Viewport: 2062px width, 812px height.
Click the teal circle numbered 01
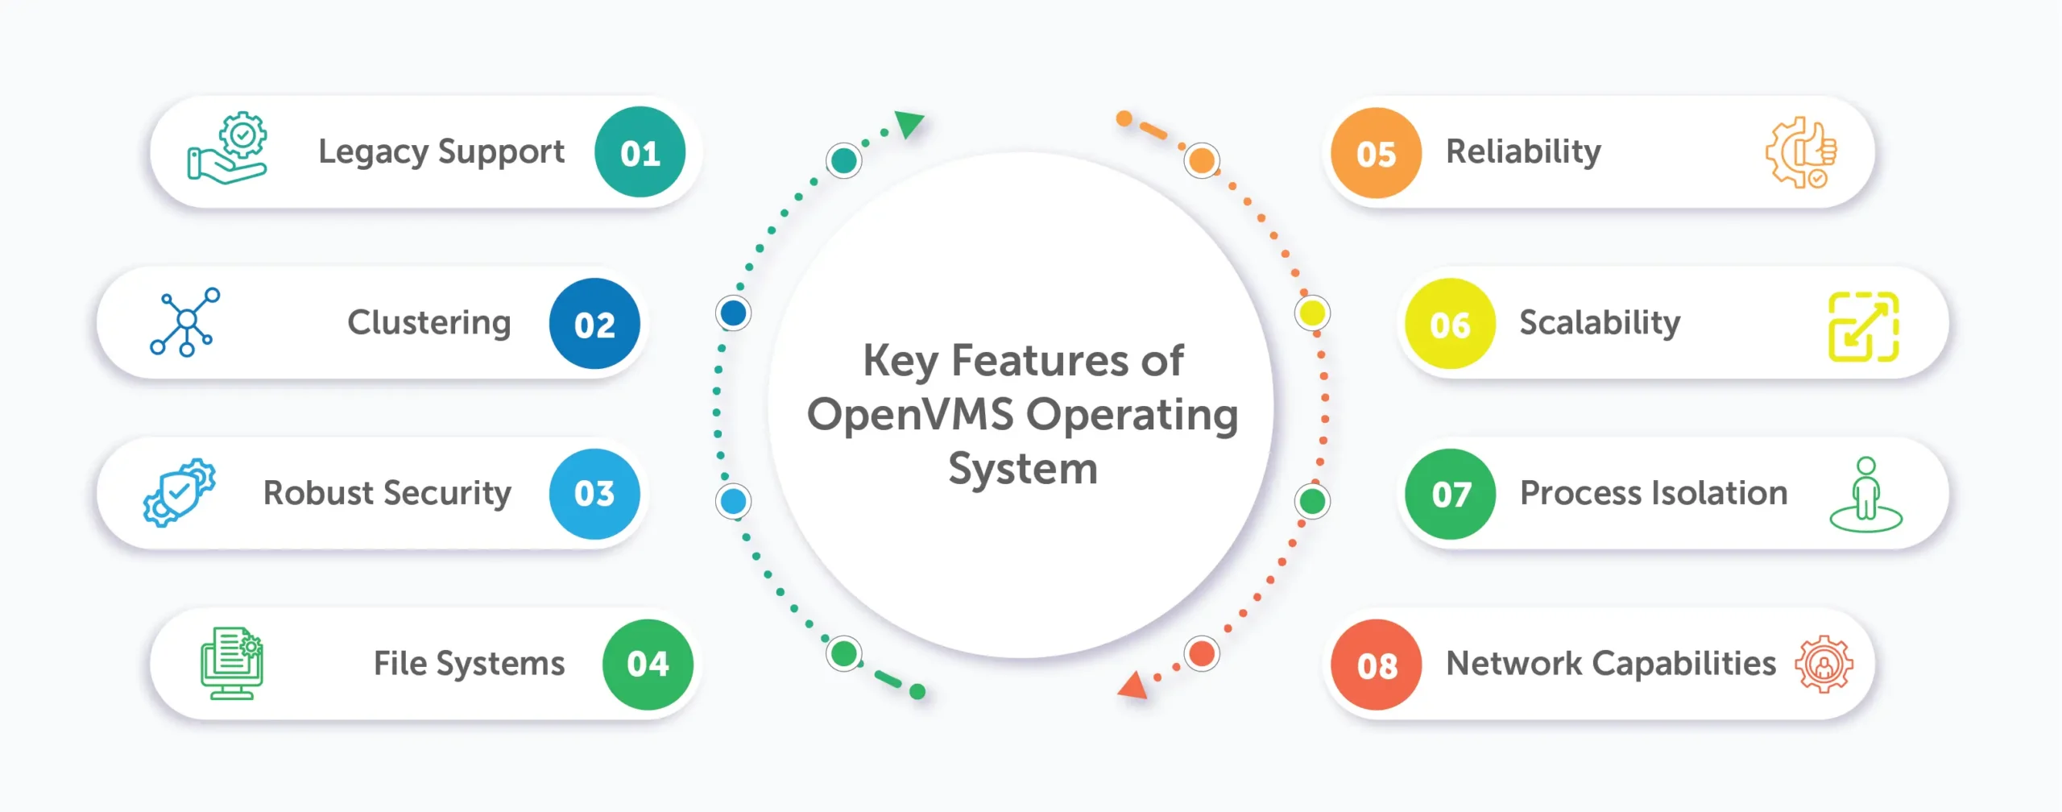(x=640, y=152)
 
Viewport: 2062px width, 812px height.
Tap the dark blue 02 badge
(x=594, y=324)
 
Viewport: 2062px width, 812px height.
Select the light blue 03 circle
(x=594, y=494)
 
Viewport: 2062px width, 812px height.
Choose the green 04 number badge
(x=648, y=665)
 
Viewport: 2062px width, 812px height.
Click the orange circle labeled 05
(x=1376, y=153)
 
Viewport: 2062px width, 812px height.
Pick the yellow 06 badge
(x=1450, y=324)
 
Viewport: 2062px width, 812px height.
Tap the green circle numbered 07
(x=1450, y=494)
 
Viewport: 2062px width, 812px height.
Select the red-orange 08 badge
(x=1376, y=665)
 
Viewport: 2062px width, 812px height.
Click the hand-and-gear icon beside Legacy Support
(x=227, y=149)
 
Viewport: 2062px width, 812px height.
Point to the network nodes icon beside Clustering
(x=185, y=321)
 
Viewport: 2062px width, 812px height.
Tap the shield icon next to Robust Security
(x=179, y=492)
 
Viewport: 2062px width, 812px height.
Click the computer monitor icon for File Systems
(x=232, y=663)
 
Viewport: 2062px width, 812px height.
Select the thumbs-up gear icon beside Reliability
(x=1801, y=153)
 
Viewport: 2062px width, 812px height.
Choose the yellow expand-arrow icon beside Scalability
(x=1863, y=326)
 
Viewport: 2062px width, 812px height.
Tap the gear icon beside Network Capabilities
(x=1824, y=664)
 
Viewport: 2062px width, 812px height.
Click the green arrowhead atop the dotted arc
(x=909, y=123)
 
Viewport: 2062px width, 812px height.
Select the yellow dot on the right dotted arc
(x=1312, y=313)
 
